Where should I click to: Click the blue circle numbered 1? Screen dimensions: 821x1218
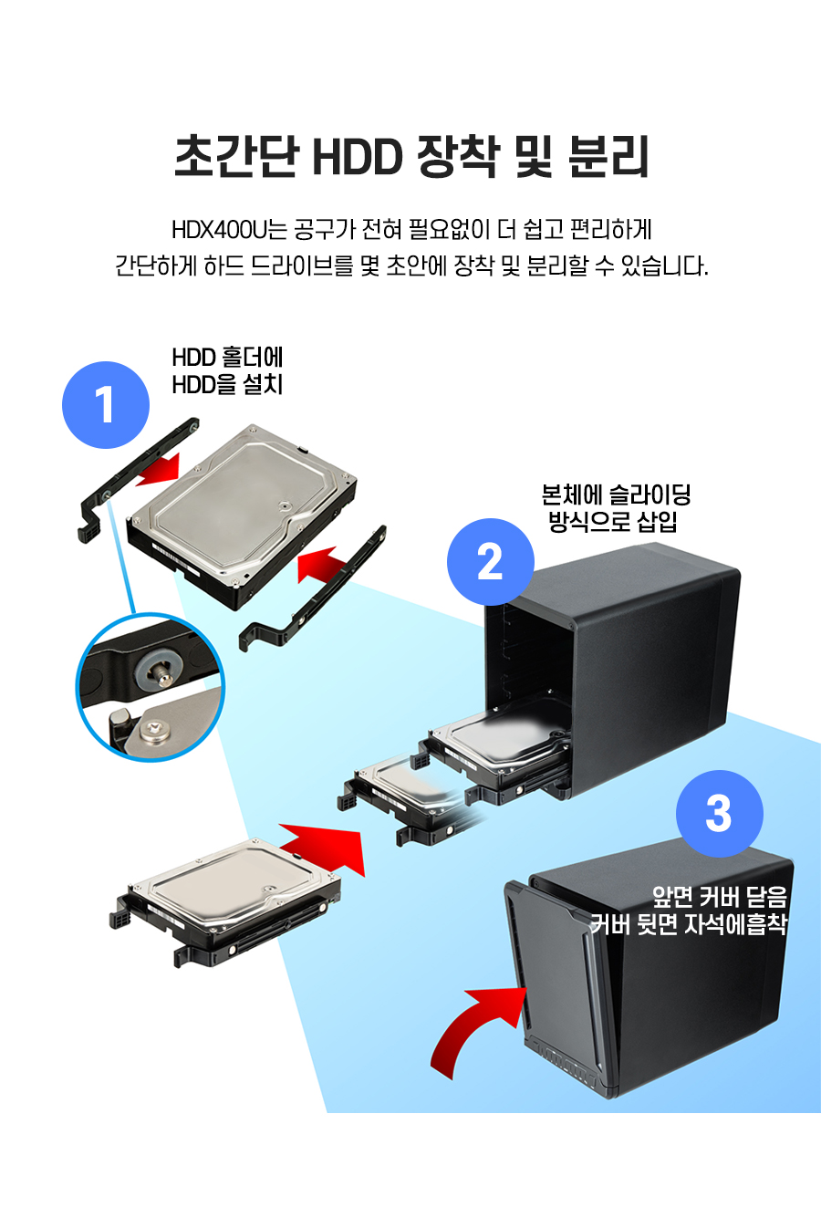(x=106, y=405)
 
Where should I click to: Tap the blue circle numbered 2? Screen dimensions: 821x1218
(x=491, y=562)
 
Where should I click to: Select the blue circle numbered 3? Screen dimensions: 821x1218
(x=720, y=814)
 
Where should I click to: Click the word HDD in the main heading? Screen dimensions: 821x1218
(x=357, y=157)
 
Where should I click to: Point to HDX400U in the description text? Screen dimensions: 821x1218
(x=220, y=230)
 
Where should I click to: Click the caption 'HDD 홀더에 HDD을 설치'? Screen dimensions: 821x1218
(x=227, y=370)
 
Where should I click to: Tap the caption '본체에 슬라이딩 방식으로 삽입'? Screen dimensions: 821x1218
(x=616, y=508)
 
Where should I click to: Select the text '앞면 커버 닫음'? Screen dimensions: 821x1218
(x=720, y=897)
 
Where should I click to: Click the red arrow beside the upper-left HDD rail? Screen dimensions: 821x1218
(x=159, y=469)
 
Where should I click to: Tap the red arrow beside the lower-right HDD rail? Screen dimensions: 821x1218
(x=322, y=565)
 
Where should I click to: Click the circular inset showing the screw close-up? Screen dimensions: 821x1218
(x=151, y=687)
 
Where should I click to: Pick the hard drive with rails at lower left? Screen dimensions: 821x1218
(x=225, y=901)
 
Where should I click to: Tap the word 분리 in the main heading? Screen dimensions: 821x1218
(x=608, y=157)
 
